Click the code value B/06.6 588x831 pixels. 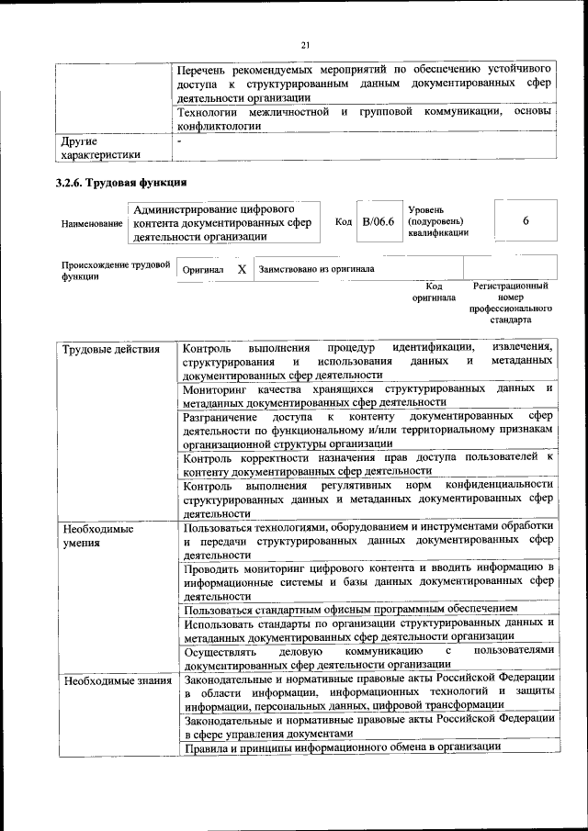click(378, 222)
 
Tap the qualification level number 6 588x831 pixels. click(526, 221)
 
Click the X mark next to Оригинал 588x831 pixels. click(241, 270)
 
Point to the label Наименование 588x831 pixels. click(92, 223)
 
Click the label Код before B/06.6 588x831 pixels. click(344, 222)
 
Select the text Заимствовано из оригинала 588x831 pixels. click(316, 270)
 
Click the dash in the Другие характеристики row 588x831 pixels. click(180, 141)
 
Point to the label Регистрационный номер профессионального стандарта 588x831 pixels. click(511, 303)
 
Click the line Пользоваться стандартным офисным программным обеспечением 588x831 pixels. click(350, 608)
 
